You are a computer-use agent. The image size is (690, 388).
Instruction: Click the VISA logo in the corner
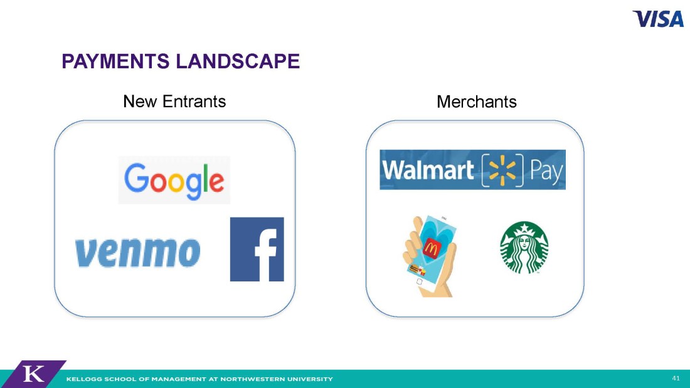point(658,19)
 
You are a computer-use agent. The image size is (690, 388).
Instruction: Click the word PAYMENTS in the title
point(115,61)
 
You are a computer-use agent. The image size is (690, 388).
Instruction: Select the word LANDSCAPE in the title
point(238,61)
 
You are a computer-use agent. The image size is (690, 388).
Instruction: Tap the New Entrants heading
point(174,102)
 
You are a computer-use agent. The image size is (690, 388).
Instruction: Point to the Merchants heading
point(477,102)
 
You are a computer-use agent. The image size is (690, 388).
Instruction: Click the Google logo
point(174,181)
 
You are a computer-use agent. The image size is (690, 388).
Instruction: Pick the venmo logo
point(138,253)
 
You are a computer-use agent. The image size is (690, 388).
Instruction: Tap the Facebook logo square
point(257,249)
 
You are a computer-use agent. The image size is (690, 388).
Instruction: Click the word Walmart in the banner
point(428,170)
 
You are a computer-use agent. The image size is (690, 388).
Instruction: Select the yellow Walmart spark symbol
point(502,170)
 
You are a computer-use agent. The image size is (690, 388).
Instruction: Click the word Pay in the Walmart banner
point(546,170)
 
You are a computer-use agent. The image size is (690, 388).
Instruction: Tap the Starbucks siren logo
point(524,247)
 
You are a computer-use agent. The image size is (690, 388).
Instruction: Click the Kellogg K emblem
point(33,374)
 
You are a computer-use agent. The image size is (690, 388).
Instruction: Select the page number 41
point(676,379)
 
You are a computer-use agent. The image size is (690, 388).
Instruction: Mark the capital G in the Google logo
point(136,178)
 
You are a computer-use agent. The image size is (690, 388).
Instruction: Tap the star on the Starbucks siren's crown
point(524,228)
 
